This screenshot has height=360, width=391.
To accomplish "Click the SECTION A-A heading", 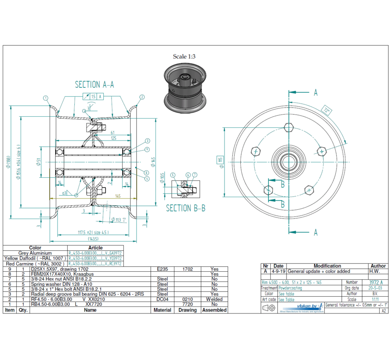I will (x=94, y=85).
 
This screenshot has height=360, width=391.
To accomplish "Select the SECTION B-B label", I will (x=185, y=208).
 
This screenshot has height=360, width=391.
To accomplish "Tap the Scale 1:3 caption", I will (x=184, y=57).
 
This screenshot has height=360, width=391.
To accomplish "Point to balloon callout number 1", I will (x=46, y=97).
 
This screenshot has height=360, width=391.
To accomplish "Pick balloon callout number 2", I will (x=142, y=97).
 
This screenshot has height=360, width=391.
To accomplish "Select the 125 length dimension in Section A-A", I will (x=113, y=138).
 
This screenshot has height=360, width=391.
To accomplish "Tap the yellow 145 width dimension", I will (x=118, y=196).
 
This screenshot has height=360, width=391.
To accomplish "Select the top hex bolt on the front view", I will (x=289, y=127).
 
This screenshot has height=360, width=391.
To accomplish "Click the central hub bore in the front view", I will (x=289, y=160).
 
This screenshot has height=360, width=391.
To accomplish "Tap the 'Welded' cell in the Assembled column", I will (x=214, y=299).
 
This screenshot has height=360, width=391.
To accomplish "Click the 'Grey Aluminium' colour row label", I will (x=35, y=253).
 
